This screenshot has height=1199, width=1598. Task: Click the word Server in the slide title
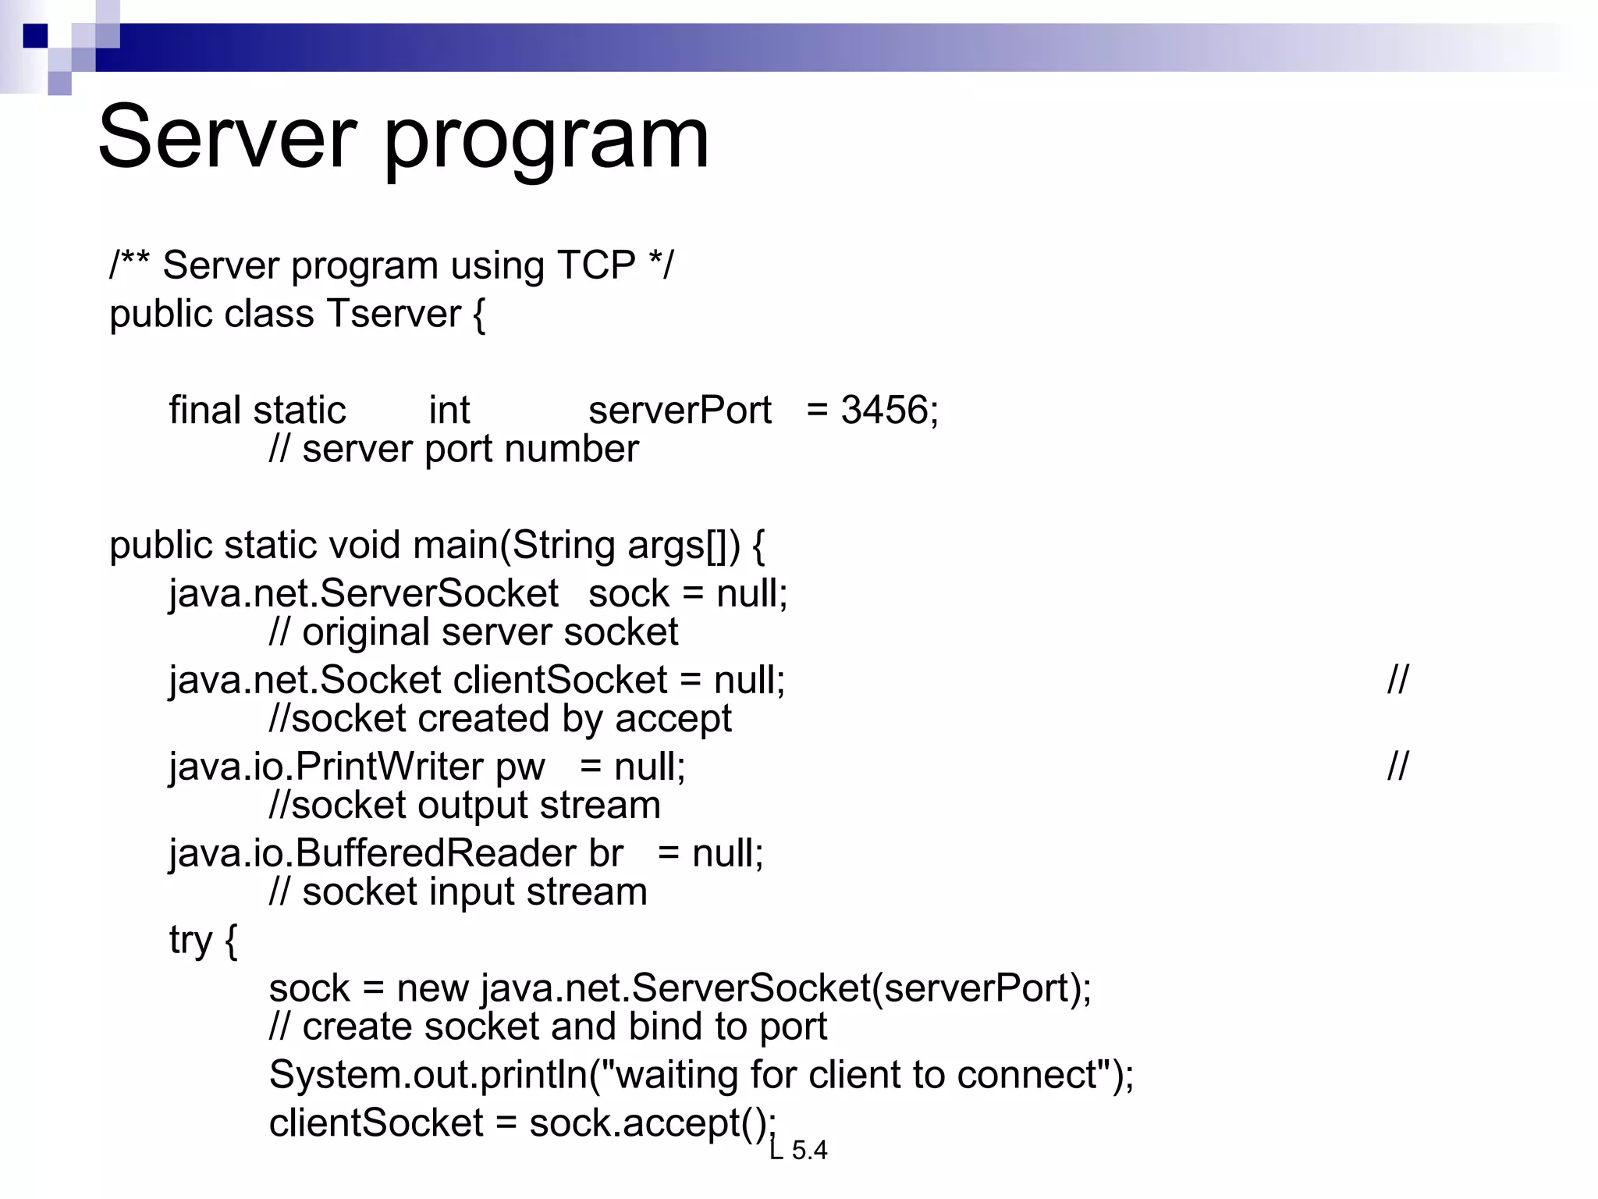tap(227, 137)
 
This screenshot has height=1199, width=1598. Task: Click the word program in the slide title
tap(546, 141)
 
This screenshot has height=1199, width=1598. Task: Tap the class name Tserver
tap(394, 314)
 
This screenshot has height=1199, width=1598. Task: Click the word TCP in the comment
tap(597, 265)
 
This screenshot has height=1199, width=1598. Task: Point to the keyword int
tap(449, 410)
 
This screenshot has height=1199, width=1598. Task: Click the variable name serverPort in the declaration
tap(680, 410)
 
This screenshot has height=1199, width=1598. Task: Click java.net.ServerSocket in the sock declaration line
tap(364, 593)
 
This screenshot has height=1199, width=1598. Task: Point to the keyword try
tap(190, 940)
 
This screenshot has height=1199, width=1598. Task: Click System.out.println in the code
tap(428, 1075)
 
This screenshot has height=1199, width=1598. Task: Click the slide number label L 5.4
tap(798, 1150)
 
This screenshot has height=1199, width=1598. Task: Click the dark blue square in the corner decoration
tap(36, 36)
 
